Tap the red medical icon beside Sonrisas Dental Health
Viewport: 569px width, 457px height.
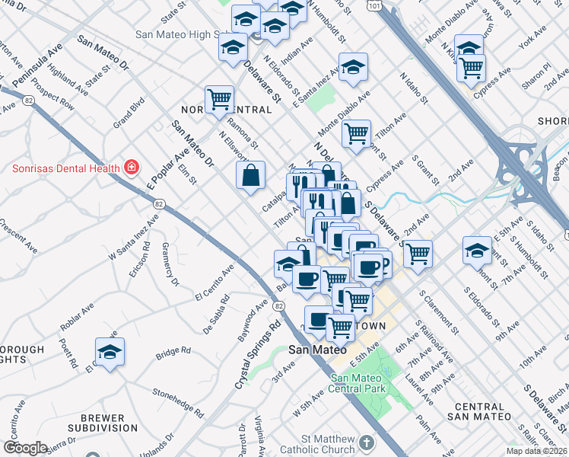[132, 167]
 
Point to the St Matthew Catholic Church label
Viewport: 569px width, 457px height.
[328, 444]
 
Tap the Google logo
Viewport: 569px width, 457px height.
[24, 448]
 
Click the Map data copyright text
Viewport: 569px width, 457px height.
[536, 451]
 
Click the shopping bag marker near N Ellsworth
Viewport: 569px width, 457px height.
[251, 177]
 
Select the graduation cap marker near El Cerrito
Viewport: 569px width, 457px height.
[110, 352]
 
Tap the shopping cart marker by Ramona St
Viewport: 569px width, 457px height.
[219, 98]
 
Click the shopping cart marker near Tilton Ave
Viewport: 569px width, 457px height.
[356, 134]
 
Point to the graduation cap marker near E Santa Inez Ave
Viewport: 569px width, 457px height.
[353, 69]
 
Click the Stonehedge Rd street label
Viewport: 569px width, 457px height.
[178, 403]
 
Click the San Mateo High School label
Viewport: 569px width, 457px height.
[176, 34]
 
